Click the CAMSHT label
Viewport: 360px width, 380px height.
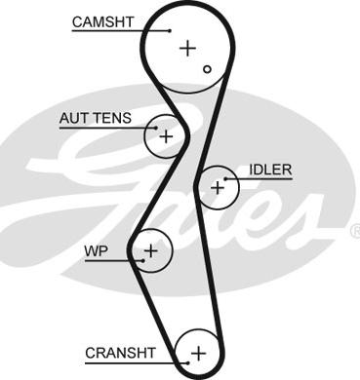pyautogui.click(x=102, y=22)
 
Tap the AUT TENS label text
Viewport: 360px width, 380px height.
pyautogui.click(x=96, y=118)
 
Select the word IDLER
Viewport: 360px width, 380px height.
pyautogui.click(x=270, y=170)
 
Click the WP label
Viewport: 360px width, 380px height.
pyautogui.click(x=96, y=250)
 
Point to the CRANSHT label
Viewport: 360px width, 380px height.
pyautogui.click(x=120, y=353)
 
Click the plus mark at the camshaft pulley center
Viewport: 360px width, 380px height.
pyautogui.click(x=187, y=48)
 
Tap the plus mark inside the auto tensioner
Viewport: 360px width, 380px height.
pyautogui.click(x=166, y=136)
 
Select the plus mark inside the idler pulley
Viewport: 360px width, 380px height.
pyautogui.click(x=218, y=187)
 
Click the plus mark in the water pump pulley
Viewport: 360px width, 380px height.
pyautogui.click(x=150, y=250)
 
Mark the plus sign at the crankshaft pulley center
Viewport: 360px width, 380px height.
pyautogui.click(x=198, y=353)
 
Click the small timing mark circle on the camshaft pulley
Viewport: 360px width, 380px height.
pyautogui.click(x=207, y=69)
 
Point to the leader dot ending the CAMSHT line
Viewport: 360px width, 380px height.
pyautogui.click(x=170, y=31)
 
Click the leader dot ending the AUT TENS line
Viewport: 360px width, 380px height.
pyautogui.click(x=156, y=128)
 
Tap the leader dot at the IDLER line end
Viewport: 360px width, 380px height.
pyautogui.click(x=225, y=178)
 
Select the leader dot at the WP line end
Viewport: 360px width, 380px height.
pyautogui.click(x=142, y=260)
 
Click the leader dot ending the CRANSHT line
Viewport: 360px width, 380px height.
pyautogui.click(x=187, y=362)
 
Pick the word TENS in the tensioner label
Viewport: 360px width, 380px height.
pyautogui.click(x=114, y=118)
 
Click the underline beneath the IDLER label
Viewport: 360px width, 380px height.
pyautogui.click(x=259, y=178)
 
